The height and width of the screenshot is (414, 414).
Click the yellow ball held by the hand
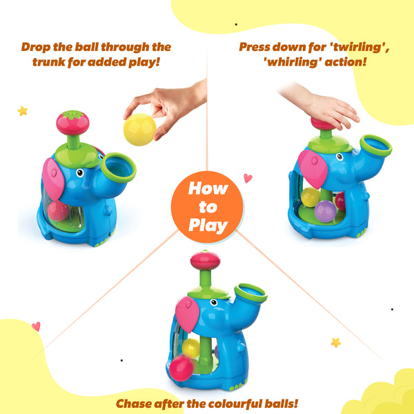point(139,128)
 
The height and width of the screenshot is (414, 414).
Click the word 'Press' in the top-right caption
point(255,48)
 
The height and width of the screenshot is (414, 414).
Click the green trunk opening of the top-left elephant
point(119,168)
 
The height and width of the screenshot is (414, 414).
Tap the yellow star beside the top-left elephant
point(22,110)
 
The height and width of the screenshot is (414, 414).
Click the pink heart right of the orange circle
point(248,178)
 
